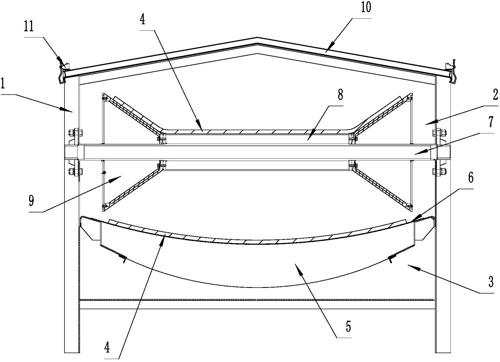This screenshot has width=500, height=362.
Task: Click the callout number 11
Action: (29, 27)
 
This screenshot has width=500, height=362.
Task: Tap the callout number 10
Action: (365, 7)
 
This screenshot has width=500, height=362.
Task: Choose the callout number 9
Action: (32, 201)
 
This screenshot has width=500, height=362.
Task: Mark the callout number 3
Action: (491, 282)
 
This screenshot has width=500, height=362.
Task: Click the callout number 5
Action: (348, 327)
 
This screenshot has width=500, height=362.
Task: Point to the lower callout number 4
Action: (107, 349)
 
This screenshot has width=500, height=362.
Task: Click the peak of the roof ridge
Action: (257, 37)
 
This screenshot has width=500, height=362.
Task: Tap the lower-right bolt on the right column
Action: (443, 171)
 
